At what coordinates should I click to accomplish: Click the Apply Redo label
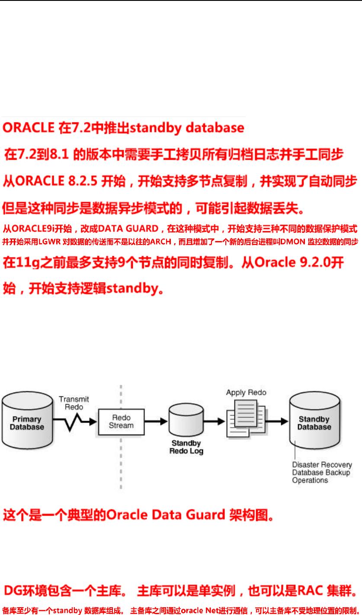tap(246, 393)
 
